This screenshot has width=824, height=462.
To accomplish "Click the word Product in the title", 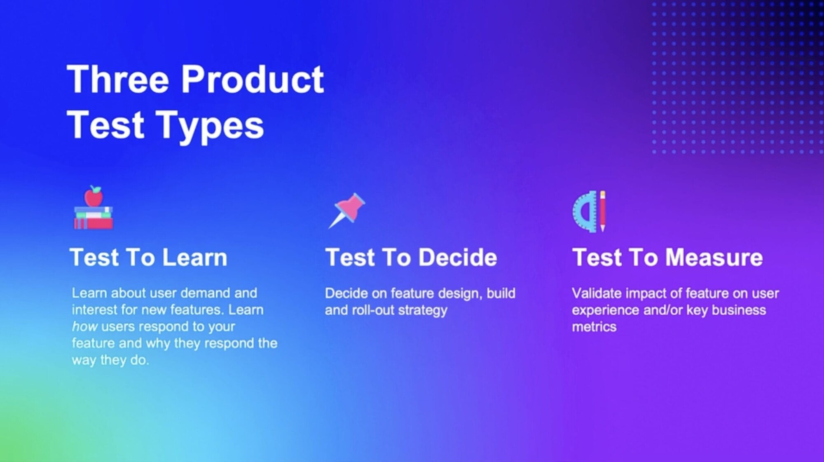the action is pyautogui.click(x=253, y=79).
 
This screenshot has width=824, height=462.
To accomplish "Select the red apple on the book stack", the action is pyautogui.click(x=94, y=196).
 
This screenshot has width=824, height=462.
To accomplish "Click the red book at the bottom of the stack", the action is pyautogui.click(x=94, y=223).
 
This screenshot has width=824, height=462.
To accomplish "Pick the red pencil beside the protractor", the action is pyautogui.click(x=602, y=211).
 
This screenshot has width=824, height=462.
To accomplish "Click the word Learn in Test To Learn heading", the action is pyautogui.click(x=194, y=258).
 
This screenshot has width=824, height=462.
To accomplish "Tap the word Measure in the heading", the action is pyautogui.click(x=714, y=258).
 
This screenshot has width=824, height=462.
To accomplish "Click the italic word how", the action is pyautogui.click(x=84, y=326).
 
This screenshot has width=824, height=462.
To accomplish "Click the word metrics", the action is pyautogui.click(x=594, y=327).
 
